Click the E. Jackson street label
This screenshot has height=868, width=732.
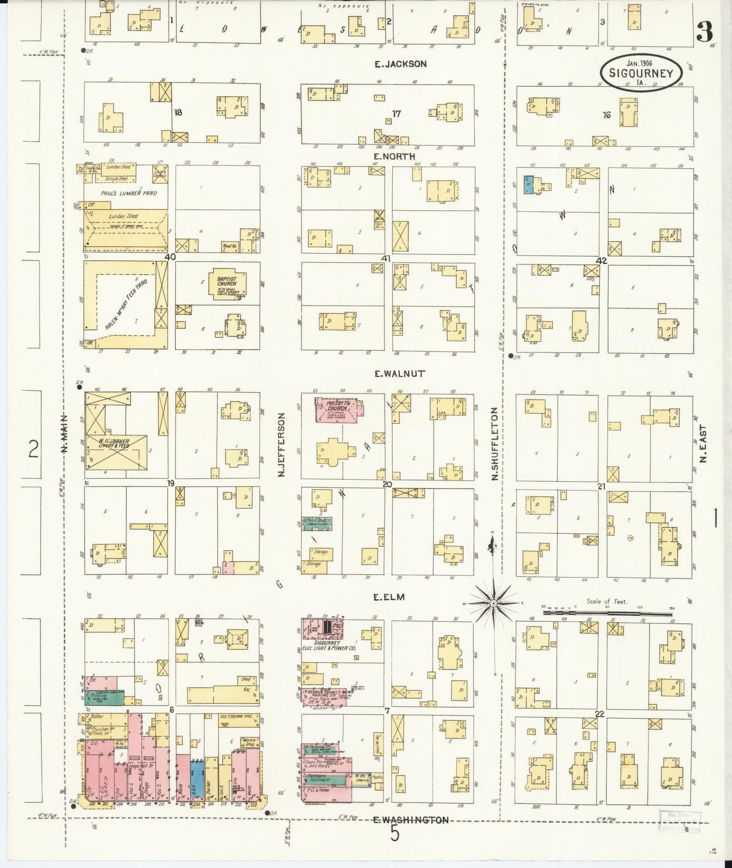click(400, 64)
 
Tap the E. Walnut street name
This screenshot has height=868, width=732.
click(399, 374)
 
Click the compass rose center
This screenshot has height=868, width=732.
click(493, 603)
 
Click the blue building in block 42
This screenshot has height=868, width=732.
click(528, 187)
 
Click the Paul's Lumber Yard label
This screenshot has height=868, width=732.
click(129, 193)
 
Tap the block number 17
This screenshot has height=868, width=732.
click(396, 114)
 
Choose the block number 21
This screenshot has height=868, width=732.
click(602, 486)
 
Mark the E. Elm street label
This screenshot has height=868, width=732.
click(389, 597)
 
